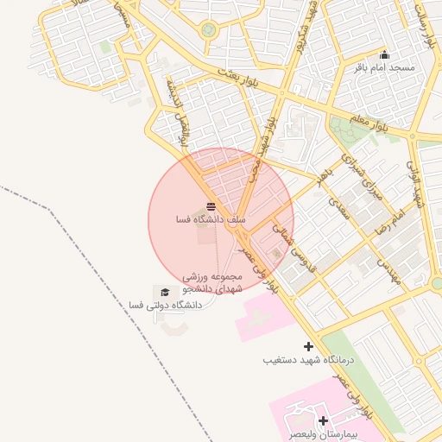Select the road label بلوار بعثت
[x=237, y=74]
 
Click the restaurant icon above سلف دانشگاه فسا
[x=211, y=206]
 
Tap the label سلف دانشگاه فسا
[x=211, y=220]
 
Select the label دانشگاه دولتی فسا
[x=164, y=305]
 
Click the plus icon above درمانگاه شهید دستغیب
[x=308, y=346]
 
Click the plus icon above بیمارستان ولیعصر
[x=324, y=420]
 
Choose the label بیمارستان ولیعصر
[x=324, y=433]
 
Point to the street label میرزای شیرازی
[x=361, y=177]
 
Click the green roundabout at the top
[x=208, y=30]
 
